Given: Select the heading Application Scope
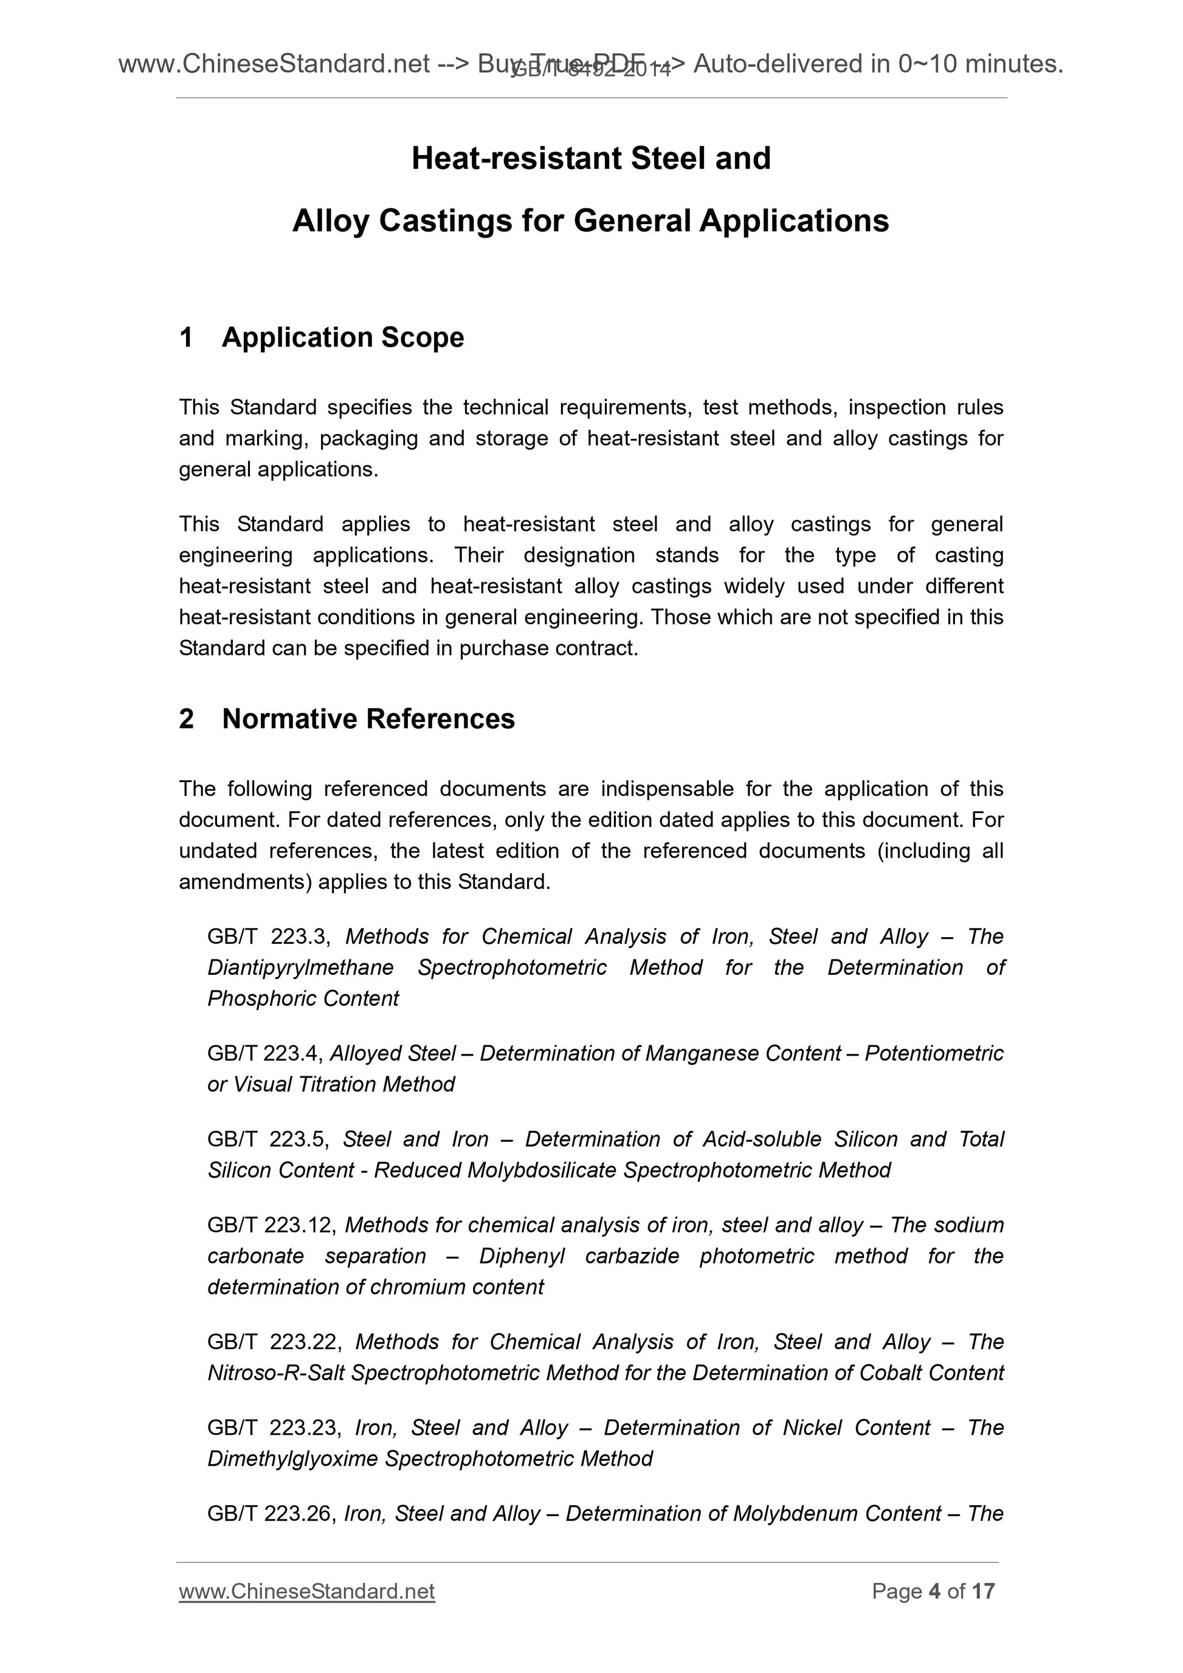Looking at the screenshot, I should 343,337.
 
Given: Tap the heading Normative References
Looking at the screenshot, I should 368,718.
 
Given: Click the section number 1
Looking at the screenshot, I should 187,337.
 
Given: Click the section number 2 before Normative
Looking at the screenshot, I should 187,718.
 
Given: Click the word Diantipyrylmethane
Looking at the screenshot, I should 300,967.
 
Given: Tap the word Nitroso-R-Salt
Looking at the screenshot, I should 276,1373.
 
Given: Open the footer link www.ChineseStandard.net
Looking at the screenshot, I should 307,1591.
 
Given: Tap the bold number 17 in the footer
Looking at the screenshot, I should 982,1591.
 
